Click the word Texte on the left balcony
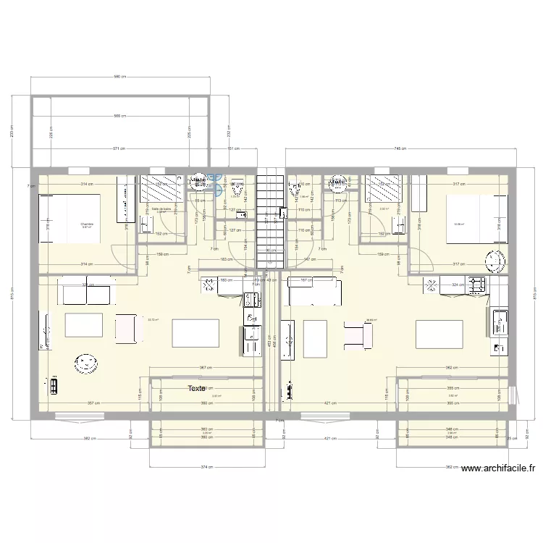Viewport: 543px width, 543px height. point(196,389)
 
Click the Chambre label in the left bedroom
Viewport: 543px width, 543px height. point(88,224)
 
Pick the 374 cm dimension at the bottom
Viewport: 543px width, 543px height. point(206,467)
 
